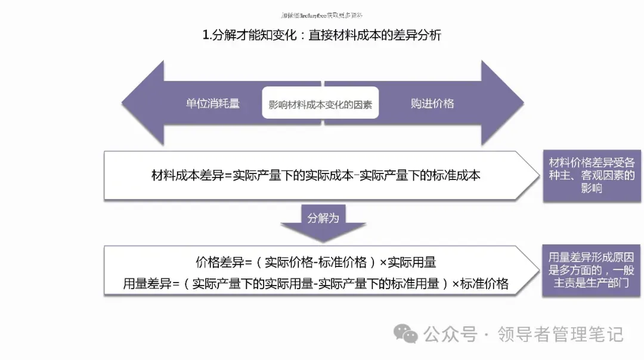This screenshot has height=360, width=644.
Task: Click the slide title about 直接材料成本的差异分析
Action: pos(322,35)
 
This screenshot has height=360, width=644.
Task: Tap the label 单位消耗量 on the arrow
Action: pos(213,104)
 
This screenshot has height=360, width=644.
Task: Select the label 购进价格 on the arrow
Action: pos(432,104)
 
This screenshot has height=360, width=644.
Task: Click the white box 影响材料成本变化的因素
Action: pos(320,104)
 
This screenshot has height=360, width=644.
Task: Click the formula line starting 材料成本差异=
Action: pos(316,175)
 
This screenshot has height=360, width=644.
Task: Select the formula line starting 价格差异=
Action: pos(316,262)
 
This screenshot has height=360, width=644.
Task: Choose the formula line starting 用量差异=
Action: pos(316,284)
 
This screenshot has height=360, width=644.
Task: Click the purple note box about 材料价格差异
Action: pos(591,175)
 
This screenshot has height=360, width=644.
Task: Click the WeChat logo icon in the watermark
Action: pos(407,334)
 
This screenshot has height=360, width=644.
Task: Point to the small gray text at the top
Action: pos(322,15)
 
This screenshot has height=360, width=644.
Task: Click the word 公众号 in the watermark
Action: pos(450,334)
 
